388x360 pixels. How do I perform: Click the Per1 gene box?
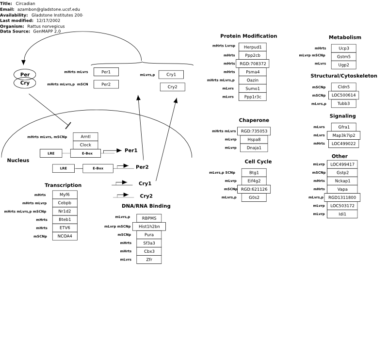pos(106,72)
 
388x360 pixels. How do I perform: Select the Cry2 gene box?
pos(173,87)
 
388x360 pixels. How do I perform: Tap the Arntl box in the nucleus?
pos(85,137)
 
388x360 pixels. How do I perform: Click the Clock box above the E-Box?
pos(85,145)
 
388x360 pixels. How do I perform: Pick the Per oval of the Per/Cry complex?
pos(25,74)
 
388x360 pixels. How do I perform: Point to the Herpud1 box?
pos(253,47)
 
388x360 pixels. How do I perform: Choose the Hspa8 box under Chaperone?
pos(254,139)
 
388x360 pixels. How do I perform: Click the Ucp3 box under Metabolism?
pos(344,49)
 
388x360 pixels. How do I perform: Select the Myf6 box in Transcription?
pos(65,195)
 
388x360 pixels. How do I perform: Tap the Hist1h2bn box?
pos(149,226)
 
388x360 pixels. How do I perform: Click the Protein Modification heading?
pos(249,36)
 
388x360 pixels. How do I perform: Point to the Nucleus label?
pos(18,160)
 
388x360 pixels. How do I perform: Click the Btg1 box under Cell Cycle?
pos(254,173)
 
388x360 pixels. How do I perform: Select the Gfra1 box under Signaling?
pos(344,127)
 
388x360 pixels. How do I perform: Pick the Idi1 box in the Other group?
pos(342,214)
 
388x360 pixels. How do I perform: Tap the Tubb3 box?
pos(344,103)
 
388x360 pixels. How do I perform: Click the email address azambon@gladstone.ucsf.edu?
pos(48,9)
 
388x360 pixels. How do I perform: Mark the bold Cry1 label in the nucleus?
pos(145,183)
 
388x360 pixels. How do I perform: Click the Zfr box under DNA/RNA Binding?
pos(149,260)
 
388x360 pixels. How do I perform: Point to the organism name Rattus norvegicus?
pos(46,26)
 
